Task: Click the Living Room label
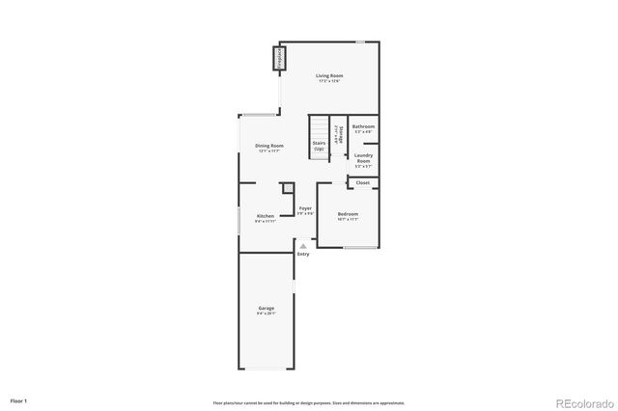coord(330,75)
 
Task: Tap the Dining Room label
coord(269,146)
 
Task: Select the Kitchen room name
coord(266,215)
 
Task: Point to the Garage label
coord(266,308)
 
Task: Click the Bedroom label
coord(348,213)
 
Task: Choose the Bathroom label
coord(364,127)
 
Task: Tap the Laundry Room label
coord(363,156)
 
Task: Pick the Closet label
coord(363,182)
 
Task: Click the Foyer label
coord(305,208)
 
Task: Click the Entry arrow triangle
coord(303,245)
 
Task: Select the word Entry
coord(303,254)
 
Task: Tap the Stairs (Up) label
coord(319,148)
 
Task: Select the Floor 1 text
coord(18,400)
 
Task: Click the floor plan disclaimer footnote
coord(308,402)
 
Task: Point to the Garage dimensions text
coord(266,314)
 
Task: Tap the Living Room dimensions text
coord(330,81)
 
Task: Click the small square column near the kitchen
coord(287,188)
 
